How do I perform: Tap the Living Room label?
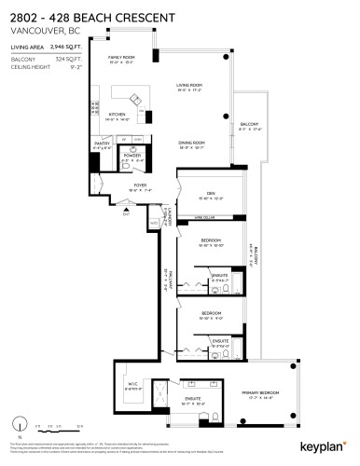189,86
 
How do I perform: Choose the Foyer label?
140,185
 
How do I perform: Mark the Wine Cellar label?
206,217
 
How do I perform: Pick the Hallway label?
165,280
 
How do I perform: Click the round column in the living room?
228,116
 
